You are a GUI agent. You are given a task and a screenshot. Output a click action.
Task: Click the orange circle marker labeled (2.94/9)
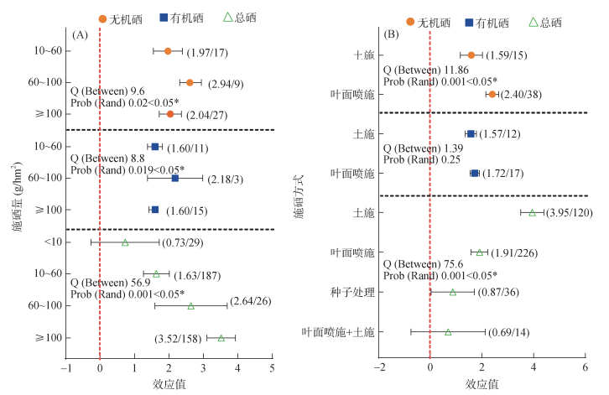pos(190,82)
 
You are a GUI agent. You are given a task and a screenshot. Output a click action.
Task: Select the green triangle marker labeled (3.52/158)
pos(221,338)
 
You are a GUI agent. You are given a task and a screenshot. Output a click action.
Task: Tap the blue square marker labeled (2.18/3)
pos(174,178)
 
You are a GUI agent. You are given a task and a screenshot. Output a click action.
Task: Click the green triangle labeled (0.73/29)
pos(125,242)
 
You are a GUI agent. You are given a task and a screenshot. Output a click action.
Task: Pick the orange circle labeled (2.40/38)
pos(492,94)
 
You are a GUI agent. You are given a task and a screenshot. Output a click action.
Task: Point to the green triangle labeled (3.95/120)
pos(532,213)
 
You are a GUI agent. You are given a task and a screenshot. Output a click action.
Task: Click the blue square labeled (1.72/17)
pos(475,174)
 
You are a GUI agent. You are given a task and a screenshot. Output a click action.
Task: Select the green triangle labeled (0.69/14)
pos(448,332)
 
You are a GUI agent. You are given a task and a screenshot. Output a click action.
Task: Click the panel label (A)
pos(81,35)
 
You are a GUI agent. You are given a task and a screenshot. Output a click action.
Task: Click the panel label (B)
pos(391,35)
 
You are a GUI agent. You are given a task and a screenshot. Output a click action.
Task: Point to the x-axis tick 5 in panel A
pos(272,366)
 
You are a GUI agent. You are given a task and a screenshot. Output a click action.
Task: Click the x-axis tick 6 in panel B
pos(585,366)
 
